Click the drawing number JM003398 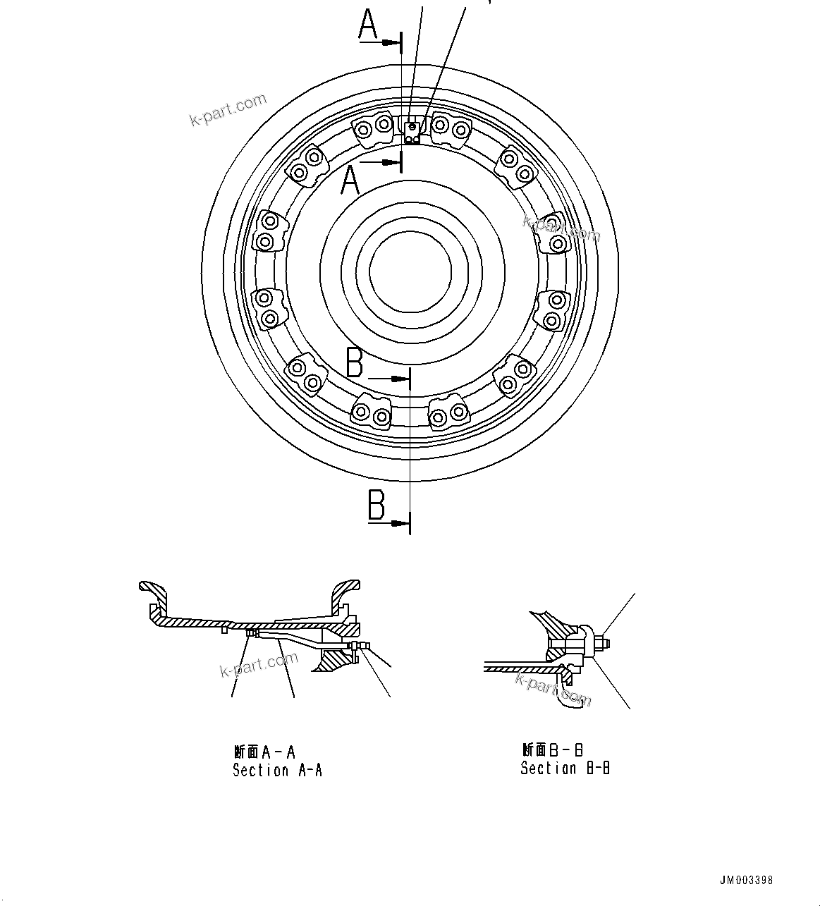pos(746,881)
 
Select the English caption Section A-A pos(277,771)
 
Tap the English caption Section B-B pos(565,769)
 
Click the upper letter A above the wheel pos(368,25)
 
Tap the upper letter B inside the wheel pos(355,363)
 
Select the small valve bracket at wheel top pos(411,130)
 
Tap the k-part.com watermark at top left pos(228,110)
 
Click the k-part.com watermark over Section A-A pos(259,665)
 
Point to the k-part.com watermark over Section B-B pos(553,690)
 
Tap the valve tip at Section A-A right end pos(367,646)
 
